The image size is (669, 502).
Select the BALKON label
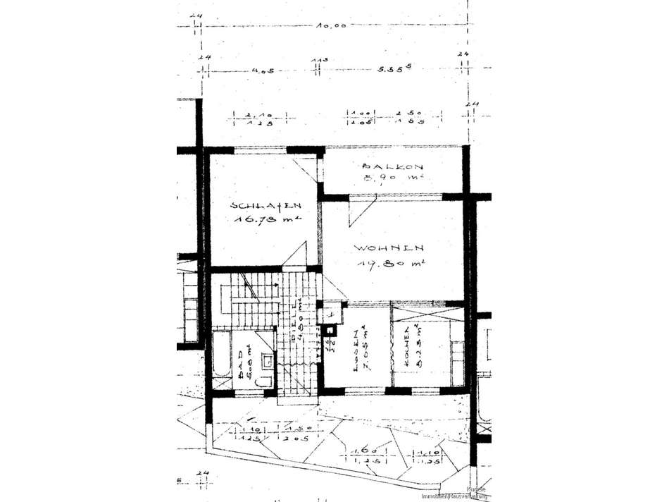[x=392, y=167]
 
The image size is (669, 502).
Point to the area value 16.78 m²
[x=267, y=219]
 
